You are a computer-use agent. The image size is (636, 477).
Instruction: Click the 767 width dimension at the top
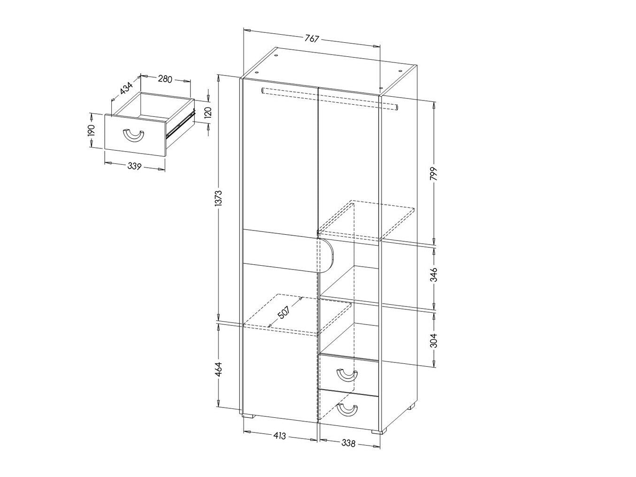312,39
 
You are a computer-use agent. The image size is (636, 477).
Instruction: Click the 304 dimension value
434,339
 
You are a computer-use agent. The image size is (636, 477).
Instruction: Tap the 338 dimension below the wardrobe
348,442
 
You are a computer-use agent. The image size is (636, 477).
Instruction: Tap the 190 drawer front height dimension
92,130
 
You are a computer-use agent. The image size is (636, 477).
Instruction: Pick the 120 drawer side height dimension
208,112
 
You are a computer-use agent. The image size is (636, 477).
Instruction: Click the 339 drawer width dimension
134,165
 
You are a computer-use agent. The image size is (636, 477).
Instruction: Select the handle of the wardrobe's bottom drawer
348,409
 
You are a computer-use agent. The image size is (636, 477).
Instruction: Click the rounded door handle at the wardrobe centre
327,256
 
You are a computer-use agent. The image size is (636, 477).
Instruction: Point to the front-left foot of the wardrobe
249,415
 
